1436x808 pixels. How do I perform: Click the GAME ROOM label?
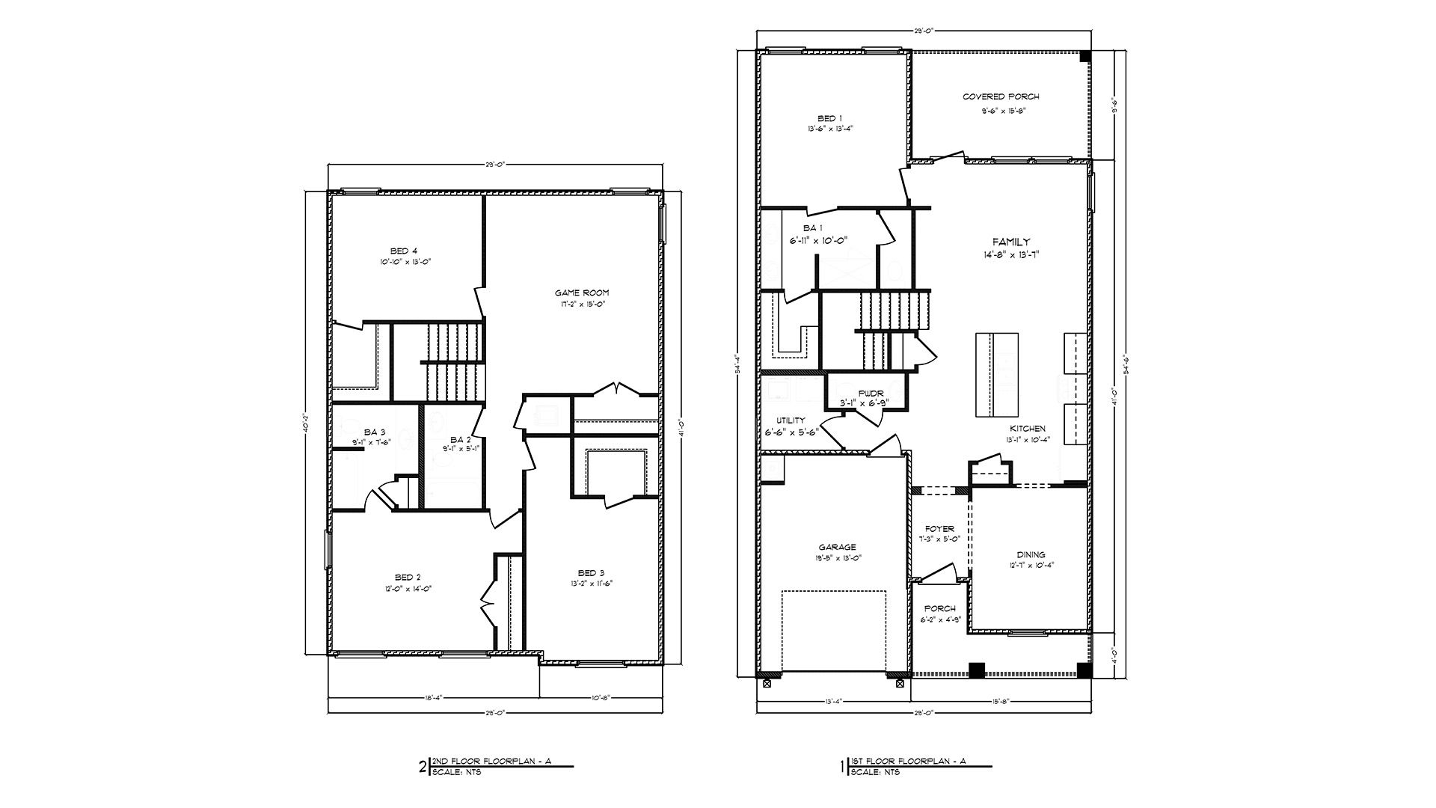[x=581, y=293]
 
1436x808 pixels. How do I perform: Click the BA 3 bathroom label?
[x=375, y=432]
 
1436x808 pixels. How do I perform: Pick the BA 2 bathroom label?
[x=460, y=439]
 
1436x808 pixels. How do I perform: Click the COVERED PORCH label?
[x=1000, y=97]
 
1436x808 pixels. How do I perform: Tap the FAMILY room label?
[x=1010, y=242]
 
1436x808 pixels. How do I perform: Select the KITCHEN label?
[x=1027, y=429]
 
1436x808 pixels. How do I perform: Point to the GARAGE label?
[x=836, y=547]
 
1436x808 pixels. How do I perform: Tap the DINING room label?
[x=1030, y=554]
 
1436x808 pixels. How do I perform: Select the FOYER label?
[x=939, y=529]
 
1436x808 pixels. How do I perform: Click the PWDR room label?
[x=871, y=393]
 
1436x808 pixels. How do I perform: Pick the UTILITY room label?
[x=790, y=420]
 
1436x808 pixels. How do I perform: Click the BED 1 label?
[x=829, y=118]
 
